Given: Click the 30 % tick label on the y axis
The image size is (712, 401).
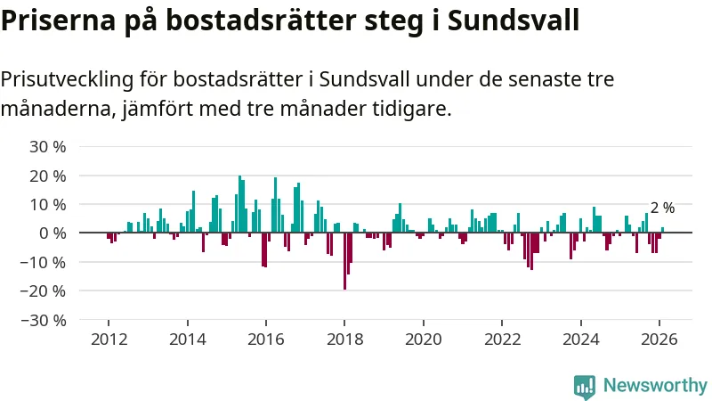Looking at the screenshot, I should point(49,147).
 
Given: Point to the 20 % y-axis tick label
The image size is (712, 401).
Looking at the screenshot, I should point(49,176).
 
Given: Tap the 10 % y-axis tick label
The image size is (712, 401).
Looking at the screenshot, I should point(49,204).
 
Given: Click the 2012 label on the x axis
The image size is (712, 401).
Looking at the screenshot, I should point(109,339).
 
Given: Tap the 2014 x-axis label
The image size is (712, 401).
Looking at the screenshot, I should point(187,339).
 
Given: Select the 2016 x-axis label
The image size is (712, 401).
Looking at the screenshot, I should point(266,339).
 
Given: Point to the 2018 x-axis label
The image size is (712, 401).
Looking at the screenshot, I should point(344,339).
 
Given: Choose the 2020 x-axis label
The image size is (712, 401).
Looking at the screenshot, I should point(424,339).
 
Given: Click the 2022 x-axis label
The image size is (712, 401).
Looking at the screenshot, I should point(502,339).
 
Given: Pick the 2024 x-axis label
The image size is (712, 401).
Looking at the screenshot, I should point(581,339).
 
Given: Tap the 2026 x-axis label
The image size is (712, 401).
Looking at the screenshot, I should point(659,339).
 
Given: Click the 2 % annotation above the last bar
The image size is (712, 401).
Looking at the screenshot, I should point(662,208).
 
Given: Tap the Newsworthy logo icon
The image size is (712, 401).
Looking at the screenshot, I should point(585,386).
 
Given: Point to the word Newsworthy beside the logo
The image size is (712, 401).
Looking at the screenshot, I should point(655,386).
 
